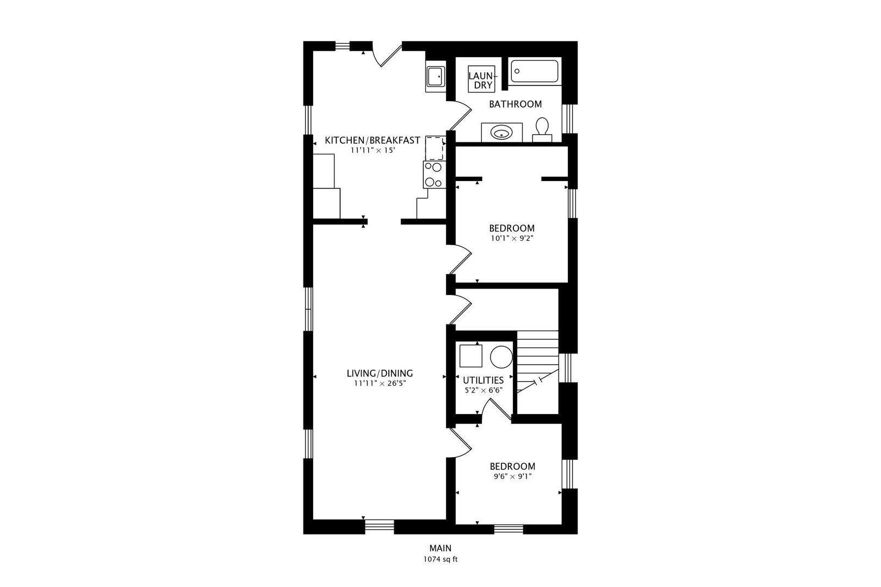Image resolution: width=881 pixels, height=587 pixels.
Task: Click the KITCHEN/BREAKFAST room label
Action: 373,140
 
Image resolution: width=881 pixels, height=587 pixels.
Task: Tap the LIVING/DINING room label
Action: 380,373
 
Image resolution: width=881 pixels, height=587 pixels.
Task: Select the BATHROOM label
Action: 515,104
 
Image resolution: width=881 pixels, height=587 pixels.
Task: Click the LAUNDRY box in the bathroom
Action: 481,79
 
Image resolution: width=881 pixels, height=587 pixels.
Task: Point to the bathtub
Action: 535,71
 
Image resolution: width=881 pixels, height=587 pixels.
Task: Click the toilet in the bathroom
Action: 542,130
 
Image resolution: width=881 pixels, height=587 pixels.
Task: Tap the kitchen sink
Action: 436,76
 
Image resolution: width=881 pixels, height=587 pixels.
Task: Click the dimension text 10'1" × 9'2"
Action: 512,238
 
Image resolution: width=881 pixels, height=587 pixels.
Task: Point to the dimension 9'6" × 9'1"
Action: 512,476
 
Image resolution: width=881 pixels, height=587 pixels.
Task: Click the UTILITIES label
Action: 483,380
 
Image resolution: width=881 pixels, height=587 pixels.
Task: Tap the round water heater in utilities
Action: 501,357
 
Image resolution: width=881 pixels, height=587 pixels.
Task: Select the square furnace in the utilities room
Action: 471,356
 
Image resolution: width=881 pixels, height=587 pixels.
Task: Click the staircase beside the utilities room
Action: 537,372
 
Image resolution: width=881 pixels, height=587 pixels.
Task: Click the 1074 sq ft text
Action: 440,559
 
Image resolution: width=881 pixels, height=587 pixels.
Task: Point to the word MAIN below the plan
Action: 440,548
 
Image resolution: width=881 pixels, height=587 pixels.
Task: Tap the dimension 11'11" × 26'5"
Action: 380,383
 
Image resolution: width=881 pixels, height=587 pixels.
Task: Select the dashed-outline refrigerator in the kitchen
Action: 436,148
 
